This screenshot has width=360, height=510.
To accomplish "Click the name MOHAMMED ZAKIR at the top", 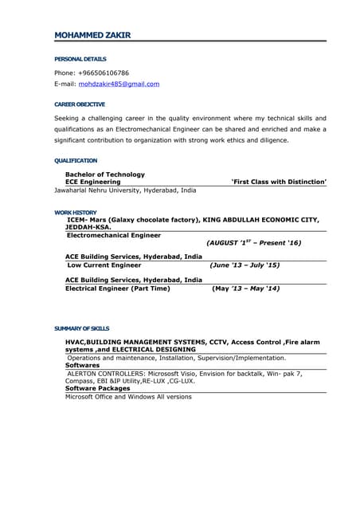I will click(x=92, y=35).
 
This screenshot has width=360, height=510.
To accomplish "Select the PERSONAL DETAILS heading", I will click(x=80, y=59).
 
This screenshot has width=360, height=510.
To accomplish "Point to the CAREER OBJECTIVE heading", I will click(x=80, y=104).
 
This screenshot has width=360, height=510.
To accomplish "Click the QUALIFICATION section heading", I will click(x=76, y=161).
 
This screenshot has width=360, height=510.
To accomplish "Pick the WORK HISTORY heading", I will click(x=76, y=213).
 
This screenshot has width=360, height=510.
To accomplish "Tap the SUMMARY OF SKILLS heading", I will click(x=82, y=328).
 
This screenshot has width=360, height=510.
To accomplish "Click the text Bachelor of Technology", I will click(x=105, y=175).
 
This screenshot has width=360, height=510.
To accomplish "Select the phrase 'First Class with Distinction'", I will click(x=278, y=182).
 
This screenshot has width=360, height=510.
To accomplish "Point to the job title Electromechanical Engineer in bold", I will click(x=114, y=236).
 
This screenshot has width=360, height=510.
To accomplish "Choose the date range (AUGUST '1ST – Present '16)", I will click(x=253, y=243).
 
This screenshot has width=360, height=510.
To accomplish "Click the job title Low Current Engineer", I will click(x=104, y=265).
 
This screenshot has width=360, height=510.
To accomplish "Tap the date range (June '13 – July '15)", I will click(x=244, y=265).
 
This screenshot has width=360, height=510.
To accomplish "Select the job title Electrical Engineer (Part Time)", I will click(x=117, y=288).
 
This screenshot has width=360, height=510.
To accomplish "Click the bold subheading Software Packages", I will click(x=97, y=388).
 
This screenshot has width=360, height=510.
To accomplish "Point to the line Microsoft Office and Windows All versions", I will click(x=128, y=397).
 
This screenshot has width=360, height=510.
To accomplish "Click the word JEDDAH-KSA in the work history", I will click(x=88, y=227).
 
